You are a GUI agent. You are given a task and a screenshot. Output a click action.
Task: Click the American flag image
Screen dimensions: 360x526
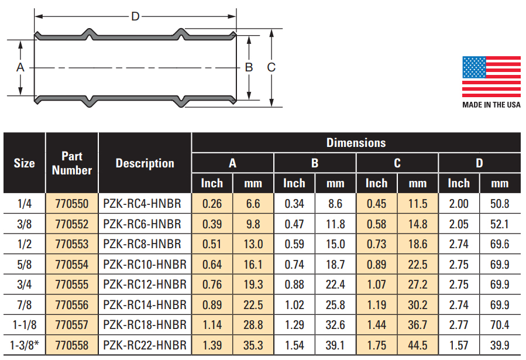pyautogui.click(x=491, y=77)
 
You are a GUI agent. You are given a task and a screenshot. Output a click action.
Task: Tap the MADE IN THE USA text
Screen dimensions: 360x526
pyautogui.click(x=491, y=105)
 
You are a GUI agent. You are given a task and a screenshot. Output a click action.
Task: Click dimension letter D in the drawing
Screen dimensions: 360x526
pyautogui.click(x=135, y=16)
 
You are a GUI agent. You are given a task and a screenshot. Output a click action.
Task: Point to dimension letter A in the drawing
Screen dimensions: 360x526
pyautogui.click(x=20, y=67)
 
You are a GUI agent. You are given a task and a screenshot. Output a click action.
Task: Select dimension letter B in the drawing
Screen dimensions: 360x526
pyautogui.click(x=249, y=67)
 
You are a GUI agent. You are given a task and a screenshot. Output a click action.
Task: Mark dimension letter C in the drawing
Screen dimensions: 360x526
pyautogui.click(x=271, y=67)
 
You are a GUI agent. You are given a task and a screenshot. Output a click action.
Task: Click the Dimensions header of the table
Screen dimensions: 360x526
pyautogui.click(x=356, y=143)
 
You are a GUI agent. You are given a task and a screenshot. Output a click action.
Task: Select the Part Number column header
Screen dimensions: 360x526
pyautogui.click(x=72, y=163)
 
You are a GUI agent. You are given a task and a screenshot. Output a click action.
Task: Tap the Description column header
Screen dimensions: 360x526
pyautogui.click(x=145, y=163)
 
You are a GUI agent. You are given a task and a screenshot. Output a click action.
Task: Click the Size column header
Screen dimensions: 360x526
pyautogui.click(x=25, y=163)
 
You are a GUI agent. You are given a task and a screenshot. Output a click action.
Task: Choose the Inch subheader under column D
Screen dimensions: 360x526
pyautogui.click(x=459, y=183)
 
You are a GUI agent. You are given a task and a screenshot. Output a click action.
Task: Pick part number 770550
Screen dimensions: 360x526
pyautogui.click(x=71, y=204)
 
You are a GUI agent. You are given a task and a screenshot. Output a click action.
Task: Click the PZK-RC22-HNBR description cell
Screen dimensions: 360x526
pyautogui.click(x=145, y=345)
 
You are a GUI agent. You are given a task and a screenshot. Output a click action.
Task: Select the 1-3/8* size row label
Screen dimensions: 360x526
pyautogui.click(x=25, y=345)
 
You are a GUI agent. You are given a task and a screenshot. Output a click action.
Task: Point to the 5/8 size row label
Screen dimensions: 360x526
pyautogui.click(x=25, y=265)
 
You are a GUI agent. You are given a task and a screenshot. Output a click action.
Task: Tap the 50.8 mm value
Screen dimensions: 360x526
pyautogui.click(x=500, y=204)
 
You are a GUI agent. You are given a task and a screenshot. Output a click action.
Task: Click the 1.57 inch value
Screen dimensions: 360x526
pyautogui.click(x=459, y=345)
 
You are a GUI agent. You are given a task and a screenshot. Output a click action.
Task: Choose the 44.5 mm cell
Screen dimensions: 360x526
pyautogui.click(x=418, y=345)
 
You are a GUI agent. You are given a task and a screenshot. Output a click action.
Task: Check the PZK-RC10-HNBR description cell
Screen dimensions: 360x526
pyautogui.click(x=145, y=265)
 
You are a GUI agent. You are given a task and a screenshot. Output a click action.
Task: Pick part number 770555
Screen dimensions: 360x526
pyautogui.click(x=71, y=284)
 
